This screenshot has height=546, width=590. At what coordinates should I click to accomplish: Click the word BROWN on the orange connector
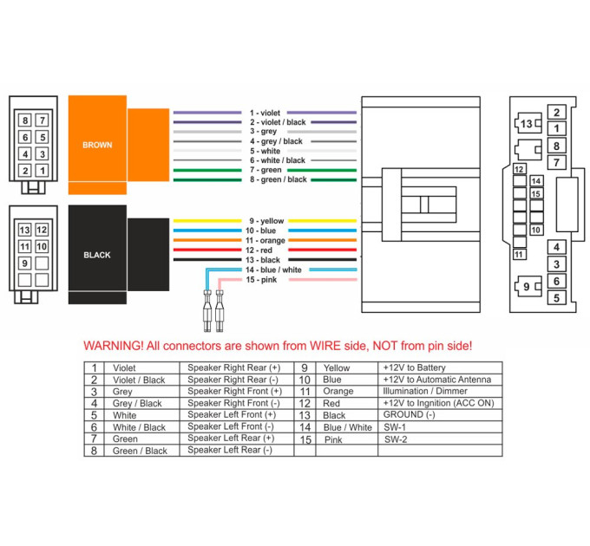coord(97,145)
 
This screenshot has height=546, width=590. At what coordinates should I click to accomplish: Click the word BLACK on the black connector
coord(97,255)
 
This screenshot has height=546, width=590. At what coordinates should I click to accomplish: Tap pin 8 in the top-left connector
coord(25,120)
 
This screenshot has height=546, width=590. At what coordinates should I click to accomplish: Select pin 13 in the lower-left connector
coord(25,230)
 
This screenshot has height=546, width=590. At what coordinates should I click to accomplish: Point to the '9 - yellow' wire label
coord(266,221)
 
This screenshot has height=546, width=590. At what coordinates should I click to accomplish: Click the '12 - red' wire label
coord(259,250)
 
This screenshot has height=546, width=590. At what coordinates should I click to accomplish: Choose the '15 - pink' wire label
coord(261,280)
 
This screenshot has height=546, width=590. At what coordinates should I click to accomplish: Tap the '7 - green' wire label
coord(265,170)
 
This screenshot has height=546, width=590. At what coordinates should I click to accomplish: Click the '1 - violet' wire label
coord(265,113)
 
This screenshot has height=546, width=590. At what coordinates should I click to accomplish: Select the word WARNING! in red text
coord(114,346)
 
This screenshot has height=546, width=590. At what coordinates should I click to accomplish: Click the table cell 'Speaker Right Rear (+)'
coord(234,367)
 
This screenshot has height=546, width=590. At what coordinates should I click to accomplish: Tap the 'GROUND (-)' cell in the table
coord(409,415)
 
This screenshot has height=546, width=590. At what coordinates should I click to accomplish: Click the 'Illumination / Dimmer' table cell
coord(425,391)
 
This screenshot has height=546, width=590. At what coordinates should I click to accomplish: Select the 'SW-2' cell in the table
coord(396,439)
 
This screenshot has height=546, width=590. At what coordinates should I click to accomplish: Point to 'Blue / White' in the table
coord(348,427)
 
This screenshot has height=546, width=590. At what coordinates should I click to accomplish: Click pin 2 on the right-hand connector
coord(556,112)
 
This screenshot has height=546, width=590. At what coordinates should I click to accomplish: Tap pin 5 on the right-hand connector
coord(556,297)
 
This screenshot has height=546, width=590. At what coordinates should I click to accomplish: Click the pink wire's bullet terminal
coord(220,311)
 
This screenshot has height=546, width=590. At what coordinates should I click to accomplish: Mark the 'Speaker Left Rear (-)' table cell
coord(230,450)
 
